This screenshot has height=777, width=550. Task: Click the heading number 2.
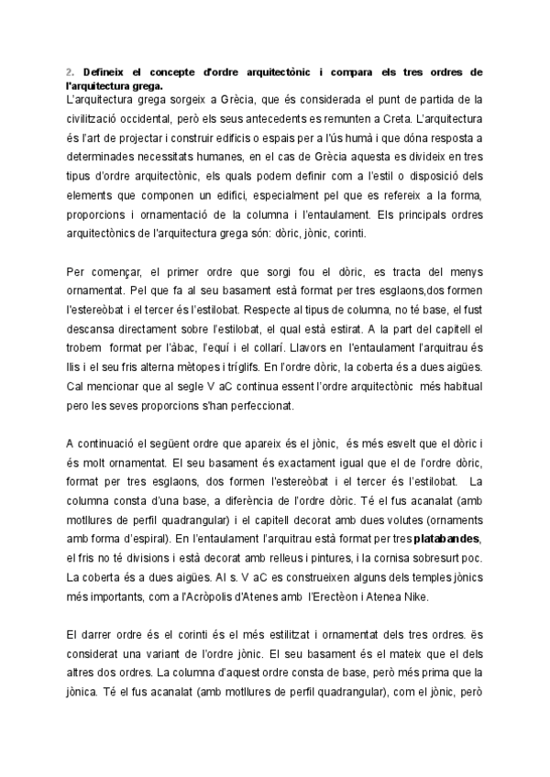coord(70,71)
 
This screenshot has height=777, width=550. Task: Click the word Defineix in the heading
coord(102,71)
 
